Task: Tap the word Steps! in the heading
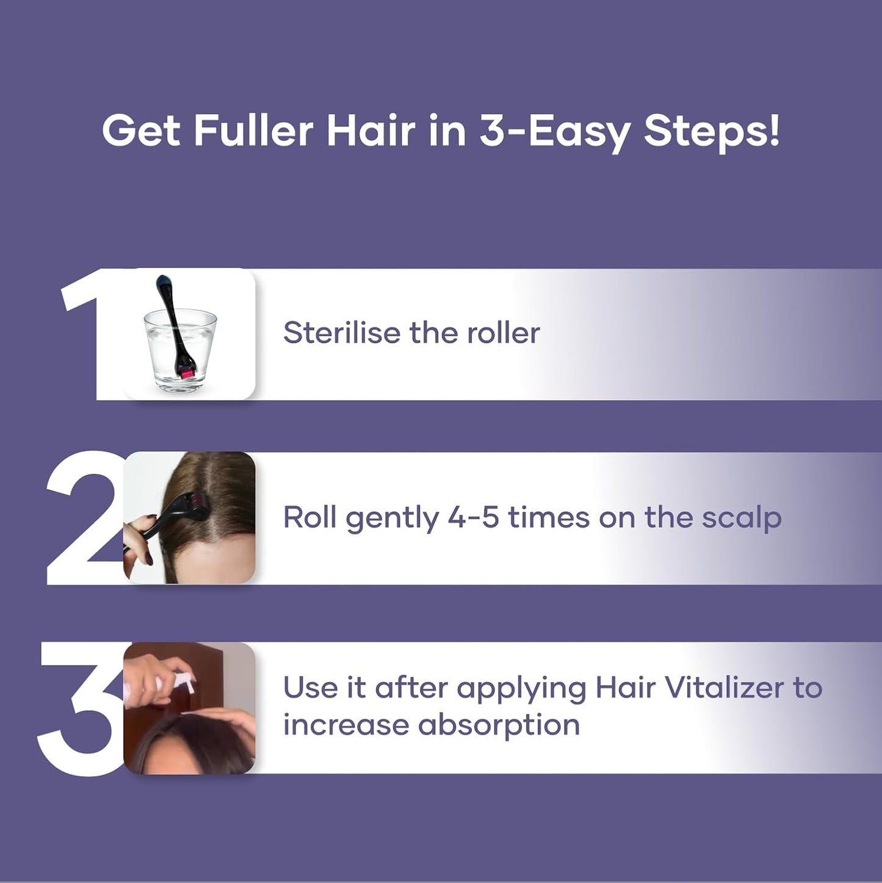click(711, 131)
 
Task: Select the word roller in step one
click(503, 333)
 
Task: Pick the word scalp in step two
click(741, 518)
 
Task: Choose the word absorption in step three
click(499, 725)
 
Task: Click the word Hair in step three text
click(621, 688)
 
